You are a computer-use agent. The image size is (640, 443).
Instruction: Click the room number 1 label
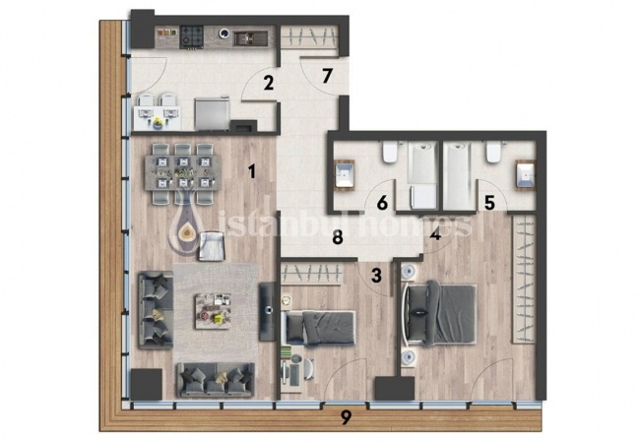pyautogui.click(x=252, y=171)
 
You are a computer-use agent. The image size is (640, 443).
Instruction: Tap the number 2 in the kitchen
pyautogui.click(x=268, y=84)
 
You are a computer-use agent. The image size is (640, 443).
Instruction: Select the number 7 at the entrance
pyautogui.click(x=326, y=76)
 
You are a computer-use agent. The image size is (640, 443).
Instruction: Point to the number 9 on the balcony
pyautogui.click(x=346, y=417)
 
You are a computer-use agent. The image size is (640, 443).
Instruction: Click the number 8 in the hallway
pyautogui.click(x=337, y=237)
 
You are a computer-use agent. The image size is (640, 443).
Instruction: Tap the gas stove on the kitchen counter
pyautogui.click(x=192, y=36)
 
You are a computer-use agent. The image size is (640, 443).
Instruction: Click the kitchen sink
pyautogui.click(x=251, y=38)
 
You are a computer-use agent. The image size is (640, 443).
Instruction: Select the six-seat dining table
pyautogui.click(x=182, y=172)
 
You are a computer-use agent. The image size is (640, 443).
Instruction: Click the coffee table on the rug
pyautogui.click(x=213, y=311)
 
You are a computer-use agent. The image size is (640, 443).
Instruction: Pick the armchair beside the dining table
pyautogui.click(x=212, y=246)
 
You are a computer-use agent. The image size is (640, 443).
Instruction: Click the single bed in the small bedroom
pyautogui.click(x=320, y=328)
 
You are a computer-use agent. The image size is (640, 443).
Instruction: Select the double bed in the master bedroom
pyautogui.click(x=439, y=314)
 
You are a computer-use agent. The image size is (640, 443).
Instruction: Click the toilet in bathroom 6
pyautogui.click(x=390, y=153)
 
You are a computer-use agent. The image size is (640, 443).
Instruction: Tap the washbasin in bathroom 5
pyautogui.click(x=526, y=175)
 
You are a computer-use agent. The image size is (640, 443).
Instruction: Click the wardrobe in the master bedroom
pyautogui.click(x=523, y=279)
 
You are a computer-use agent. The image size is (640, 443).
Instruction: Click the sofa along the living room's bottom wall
pyautogui.click(x=216, y=380)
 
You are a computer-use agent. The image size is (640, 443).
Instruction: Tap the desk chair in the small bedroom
pyautogui.click(x=308, y=369)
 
